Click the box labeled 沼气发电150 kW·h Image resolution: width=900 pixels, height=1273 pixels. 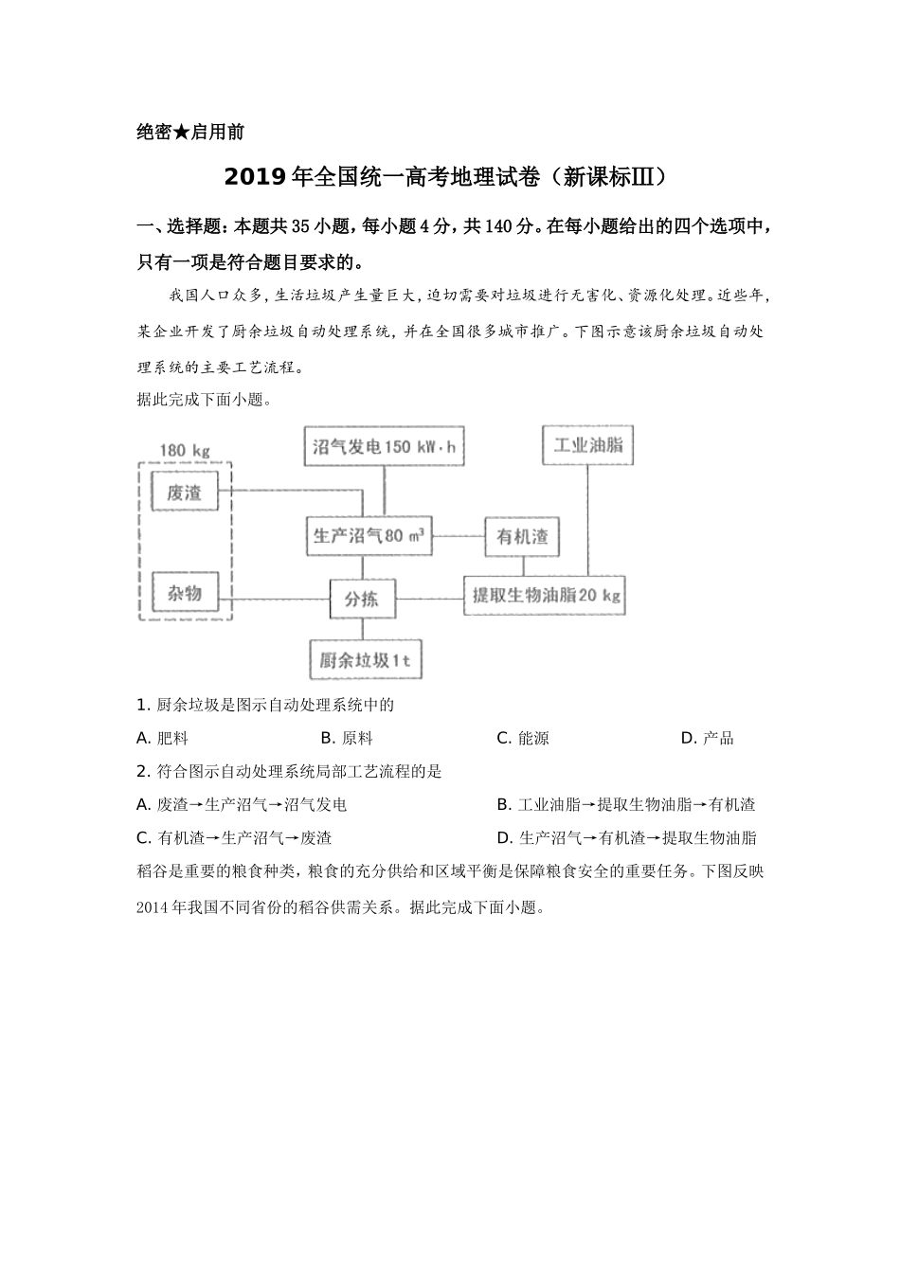point(385,447)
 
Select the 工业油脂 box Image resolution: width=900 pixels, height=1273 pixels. point(587,445)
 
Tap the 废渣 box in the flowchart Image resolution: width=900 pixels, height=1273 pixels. point(186,493)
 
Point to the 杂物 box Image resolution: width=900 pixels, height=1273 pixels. point(186,594)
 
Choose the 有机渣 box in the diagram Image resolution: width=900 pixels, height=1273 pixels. point(522,537)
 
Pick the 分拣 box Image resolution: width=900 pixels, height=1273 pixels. point(361,599)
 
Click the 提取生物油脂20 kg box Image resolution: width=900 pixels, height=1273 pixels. point(545,596)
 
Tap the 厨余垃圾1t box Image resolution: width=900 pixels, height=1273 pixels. point(365,660)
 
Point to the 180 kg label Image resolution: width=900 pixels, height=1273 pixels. point(184,450)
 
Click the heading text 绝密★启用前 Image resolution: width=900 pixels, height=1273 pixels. point(190,133)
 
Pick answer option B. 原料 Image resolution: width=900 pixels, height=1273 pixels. point(347,739)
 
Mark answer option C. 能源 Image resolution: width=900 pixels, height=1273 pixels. point(523,739)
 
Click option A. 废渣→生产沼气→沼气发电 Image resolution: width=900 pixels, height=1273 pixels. point(242,805)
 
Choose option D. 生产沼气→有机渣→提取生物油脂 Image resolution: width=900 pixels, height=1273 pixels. point(626,838)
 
